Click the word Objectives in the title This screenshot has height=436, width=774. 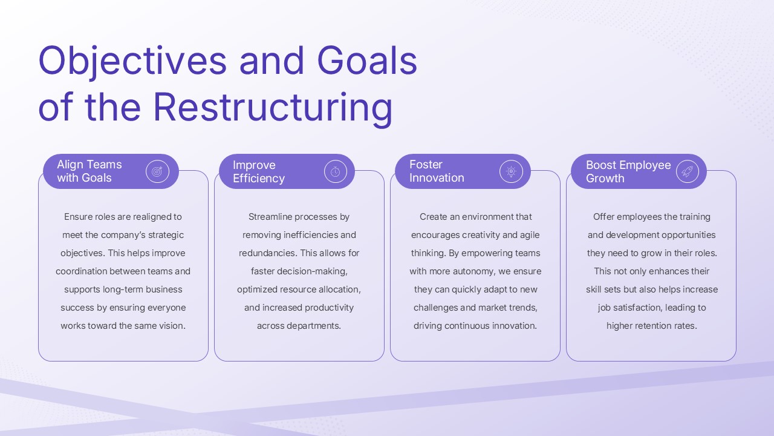coord(132,61)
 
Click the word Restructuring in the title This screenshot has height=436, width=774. coord(273,107)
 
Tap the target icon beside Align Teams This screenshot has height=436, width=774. coord(157,172)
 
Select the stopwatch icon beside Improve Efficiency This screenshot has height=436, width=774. coord(335,172)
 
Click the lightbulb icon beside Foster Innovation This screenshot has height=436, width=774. coord(511,172)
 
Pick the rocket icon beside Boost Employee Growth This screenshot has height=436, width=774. coord(687,172)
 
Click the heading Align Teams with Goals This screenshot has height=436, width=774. coord(89,171)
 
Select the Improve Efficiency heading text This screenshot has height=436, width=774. coord(258,172)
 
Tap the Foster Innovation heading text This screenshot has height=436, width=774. coord(436,171)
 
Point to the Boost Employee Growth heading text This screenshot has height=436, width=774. coord(628,172)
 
